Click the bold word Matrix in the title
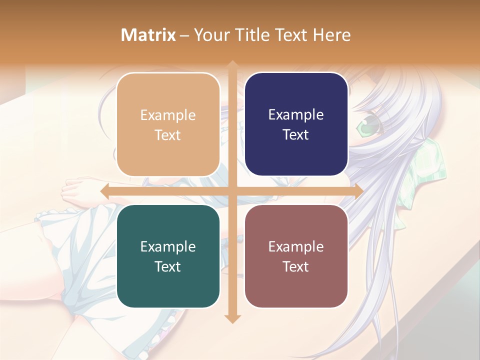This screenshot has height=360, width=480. tap(148, 35)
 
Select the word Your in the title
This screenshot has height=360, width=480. tap(213, 35)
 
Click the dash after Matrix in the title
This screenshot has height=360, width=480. tap(185, 35)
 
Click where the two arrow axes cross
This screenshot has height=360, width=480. tap(232, 191)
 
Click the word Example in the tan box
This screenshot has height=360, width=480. tap(167, 115)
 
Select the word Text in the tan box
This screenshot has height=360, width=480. tap(167, 135)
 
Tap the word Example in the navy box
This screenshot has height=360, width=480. tap(296, 115)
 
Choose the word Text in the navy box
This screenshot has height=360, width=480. tap(296, 134)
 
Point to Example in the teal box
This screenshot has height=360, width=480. tap(167, 247)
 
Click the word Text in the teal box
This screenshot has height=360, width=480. tap(167, 266)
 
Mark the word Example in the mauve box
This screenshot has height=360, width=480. tap(296, 247)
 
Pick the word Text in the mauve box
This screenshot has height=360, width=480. tap(296, 266)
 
